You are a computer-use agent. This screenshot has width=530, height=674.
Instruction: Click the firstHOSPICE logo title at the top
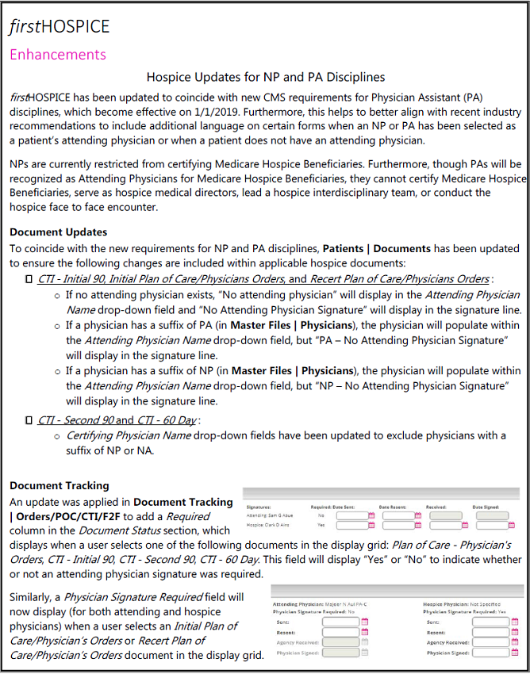point(60,27)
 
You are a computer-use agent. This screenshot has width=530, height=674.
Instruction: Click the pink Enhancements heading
point(57,55)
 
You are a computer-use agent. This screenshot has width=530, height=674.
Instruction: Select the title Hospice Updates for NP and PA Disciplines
point(266,77)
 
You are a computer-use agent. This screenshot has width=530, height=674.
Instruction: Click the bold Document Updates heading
point(58,232)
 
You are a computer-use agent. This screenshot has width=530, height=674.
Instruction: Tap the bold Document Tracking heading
point(60,485)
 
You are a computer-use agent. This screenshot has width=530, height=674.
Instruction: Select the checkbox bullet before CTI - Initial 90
point(29,279)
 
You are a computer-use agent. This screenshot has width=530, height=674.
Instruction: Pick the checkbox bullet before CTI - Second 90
point(29,420)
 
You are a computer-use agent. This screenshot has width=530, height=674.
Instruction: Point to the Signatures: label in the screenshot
point(259,505)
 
